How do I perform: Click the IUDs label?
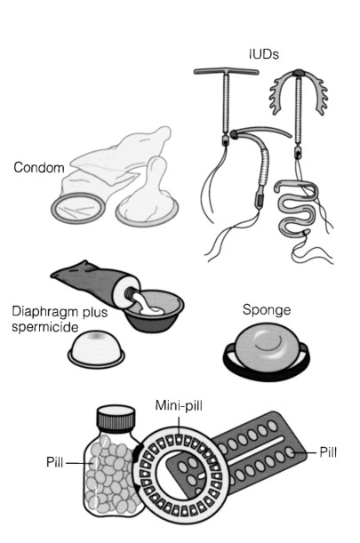tap(264, 54)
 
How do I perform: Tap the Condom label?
tap(39, 168)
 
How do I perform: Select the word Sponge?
tap(267, 310)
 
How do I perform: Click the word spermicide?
tap(45, 327)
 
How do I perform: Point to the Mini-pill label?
tap(179, 405)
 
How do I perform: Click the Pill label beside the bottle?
tap(55, 462)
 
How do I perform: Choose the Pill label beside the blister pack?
tap(328, 452)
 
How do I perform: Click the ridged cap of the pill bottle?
tap(116, 419)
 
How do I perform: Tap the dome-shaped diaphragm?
tap(96, 349)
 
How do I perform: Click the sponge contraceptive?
tap(266, 352)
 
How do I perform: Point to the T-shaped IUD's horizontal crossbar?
tap(226, 72)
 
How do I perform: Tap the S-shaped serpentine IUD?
tap(297, 208)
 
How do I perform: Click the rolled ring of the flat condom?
tap(78, 208)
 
